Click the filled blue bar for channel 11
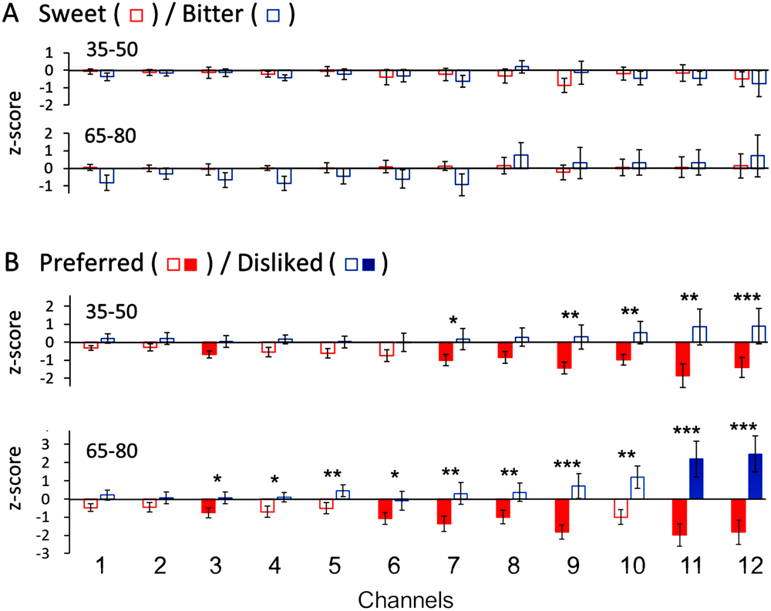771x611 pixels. coord(697,479)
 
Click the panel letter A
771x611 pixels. coord(12,17)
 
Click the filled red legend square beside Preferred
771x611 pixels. coord(191,264)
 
